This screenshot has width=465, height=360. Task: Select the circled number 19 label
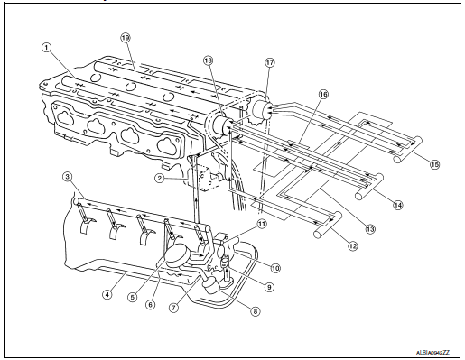coord(126,38)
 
